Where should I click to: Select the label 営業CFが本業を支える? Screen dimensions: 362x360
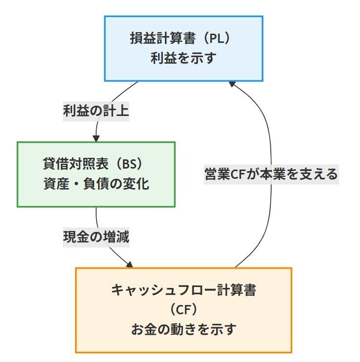click(x=271, y=174)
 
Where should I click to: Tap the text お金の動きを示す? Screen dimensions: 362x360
click(x=183, y=329)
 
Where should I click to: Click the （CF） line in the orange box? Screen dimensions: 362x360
click(x=183, y=310)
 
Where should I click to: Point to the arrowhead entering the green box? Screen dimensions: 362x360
click(x=96, y=138)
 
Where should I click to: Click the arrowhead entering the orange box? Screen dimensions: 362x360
click(x=130, y=266)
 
